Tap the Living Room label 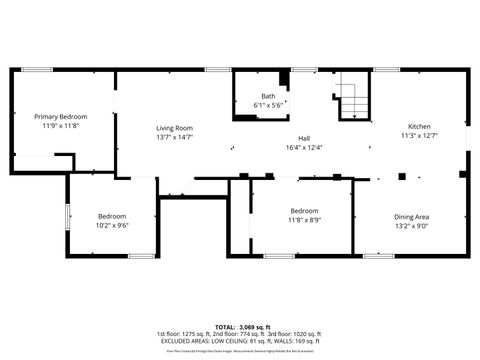174,128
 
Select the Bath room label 268,96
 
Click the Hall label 304,138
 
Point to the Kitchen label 418,126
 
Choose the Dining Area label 411,217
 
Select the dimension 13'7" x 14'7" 174,137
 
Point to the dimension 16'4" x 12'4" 304,147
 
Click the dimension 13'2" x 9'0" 411,226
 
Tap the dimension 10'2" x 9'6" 112,226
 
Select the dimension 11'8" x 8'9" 304,220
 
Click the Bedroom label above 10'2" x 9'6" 112,217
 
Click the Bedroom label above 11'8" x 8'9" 304,211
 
